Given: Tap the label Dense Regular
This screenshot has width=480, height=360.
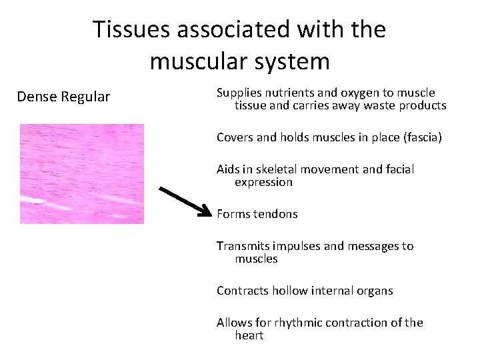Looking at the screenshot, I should (x=63, y=97).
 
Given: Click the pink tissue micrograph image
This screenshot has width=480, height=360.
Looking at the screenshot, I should (x=81, y=173).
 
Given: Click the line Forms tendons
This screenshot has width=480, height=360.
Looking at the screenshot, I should (x=257, y=214).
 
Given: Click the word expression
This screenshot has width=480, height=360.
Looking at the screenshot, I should (x=263, y=182).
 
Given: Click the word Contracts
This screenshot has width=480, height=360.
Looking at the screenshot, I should (x=240, y=291).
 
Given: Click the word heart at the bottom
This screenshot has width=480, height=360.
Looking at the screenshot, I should (x=249, y=335).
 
